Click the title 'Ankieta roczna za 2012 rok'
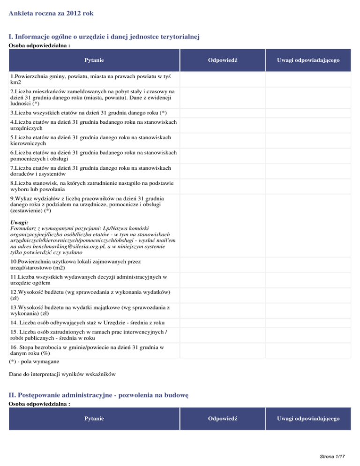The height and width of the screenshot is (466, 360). tap(51, 14)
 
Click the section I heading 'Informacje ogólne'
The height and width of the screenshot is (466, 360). tap(105, 37)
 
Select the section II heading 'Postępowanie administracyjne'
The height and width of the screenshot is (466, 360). tap(98, 395)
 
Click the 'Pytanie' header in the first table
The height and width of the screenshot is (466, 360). tap(94, 60)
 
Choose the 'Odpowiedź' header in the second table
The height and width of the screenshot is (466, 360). tap(223, 418)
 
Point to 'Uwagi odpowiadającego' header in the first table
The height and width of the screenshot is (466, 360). tap(308, 60)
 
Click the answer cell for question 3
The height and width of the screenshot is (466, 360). tap(223, 113)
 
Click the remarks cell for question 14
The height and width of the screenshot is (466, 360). tap(308, 323)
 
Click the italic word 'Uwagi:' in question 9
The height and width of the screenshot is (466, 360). tap(19, 222)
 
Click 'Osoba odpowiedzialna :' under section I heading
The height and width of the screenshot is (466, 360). tap(40, 46)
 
